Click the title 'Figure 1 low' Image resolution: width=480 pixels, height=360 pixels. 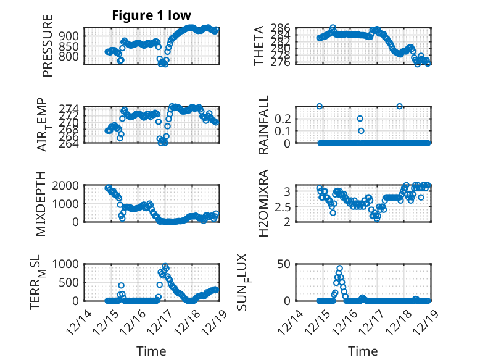tap(151, 15)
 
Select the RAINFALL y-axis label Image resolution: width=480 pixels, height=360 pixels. tap(263, 125)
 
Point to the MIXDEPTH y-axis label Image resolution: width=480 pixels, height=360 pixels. tap(42, 203)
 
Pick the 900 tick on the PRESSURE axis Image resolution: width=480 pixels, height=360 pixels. tap(70, 36)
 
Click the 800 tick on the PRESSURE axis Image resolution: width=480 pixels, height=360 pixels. tap(70, 56)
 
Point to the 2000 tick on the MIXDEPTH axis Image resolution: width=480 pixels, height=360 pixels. tap(68, 185)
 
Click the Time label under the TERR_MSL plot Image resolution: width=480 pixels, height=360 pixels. tap(151, 351)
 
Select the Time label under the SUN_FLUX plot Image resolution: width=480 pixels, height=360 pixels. tap(363, 351)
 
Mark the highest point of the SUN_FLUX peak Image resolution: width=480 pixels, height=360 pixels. tap(340, 269)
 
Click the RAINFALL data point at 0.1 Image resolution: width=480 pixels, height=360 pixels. tap(361, 130)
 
